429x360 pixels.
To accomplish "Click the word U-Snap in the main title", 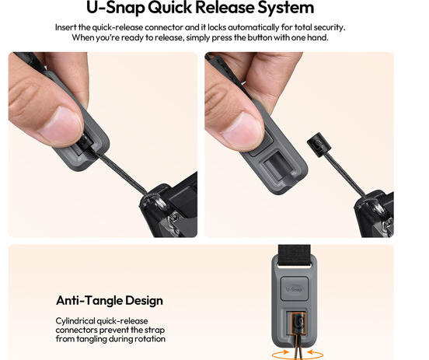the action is (115, 8).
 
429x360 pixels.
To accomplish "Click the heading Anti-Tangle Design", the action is (110, 301).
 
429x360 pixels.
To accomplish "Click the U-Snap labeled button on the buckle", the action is (295, 289).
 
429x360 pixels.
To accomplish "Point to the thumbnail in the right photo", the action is (242, 128).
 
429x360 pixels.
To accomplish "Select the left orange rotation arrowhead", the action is (284, 351).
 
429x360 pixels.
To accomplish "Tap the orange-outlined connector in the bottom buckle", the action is (298, 324).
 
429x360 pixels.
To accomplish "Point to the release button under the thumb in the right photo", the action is (262, 143).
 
